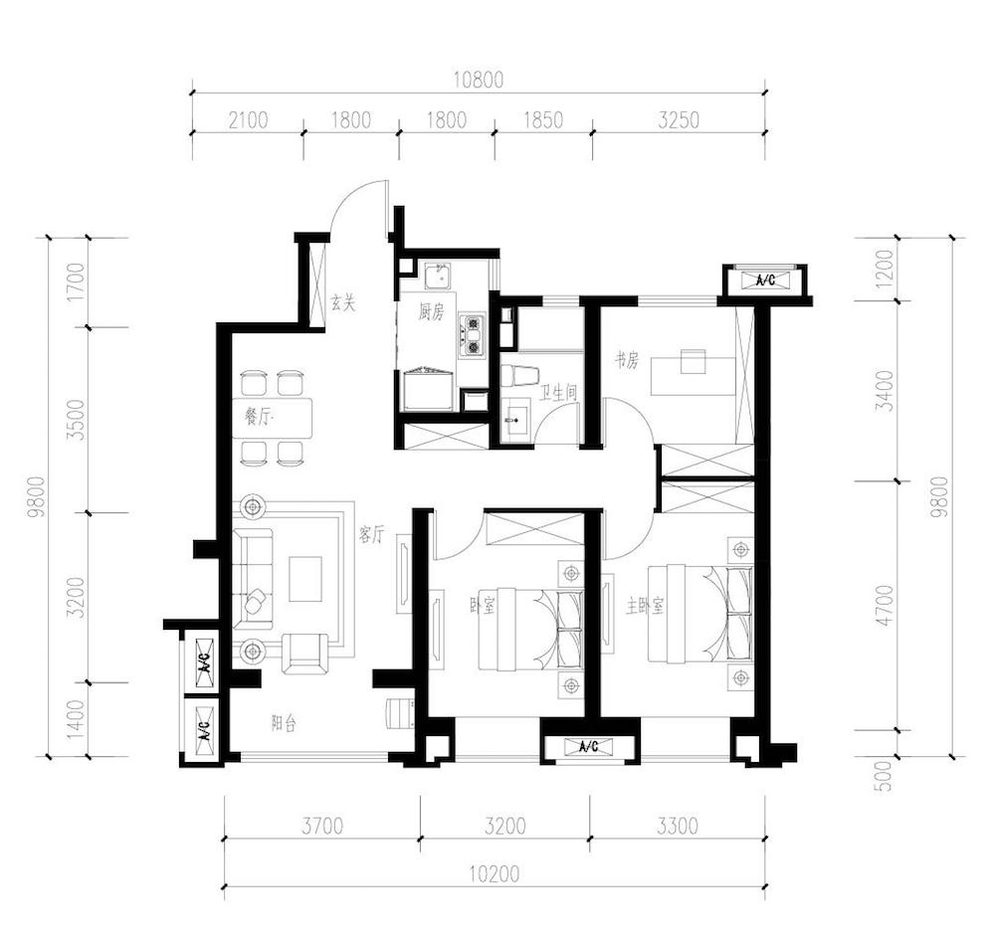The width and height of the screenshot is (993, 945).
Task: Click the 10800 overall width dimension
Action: click(x=479, y=80)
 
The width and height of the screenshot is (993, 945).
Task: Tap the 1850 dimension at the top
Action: click(x=543, y=119)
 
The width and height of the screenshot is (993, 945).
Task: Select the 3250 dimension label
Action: click(x=679, y=119)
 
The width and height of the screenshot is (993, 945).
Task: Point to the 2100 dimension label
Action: click(x=249, y=119)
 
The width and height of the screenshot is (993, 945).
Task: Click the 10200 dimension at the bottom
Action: click(x=495, y=874)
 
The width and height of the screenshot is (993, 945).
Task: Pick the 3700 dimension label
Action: click(x=322, y=826)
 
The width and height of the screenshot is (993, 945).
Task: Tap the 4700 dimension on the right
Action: click(x=886, y=605)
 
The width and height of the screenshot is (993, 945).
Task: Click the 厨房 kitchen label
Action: click(x=431, y=311)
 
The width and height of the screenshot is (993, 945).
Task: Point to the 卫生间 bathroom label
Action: click(x=558, y=393)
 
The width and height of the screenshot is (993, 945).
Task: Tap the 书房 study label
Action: click(x=627, y=361)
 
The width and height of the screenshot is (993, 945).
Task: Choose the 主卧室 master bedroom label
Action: click(x=645, y=607)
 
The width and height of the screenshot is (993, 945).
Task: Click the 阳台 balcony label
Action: click(x=284, y=723)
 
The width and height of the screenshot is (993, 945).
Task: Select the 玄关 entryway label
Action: click(x=343, y=303)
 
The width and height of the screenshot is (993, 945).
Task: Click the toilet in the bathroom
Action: click(x=518, y=376)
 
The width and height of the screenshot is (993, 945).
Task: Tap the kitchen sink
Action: click(x=437, y=276)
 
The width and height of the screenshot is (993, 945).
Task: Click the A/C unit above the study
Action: click(x=766, y=281)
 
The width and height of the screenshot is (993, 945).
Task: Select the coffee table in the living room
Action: click(x=305, y=579)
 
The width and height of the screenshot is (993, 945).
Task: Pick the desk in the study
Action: click(x=693, y=376)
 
